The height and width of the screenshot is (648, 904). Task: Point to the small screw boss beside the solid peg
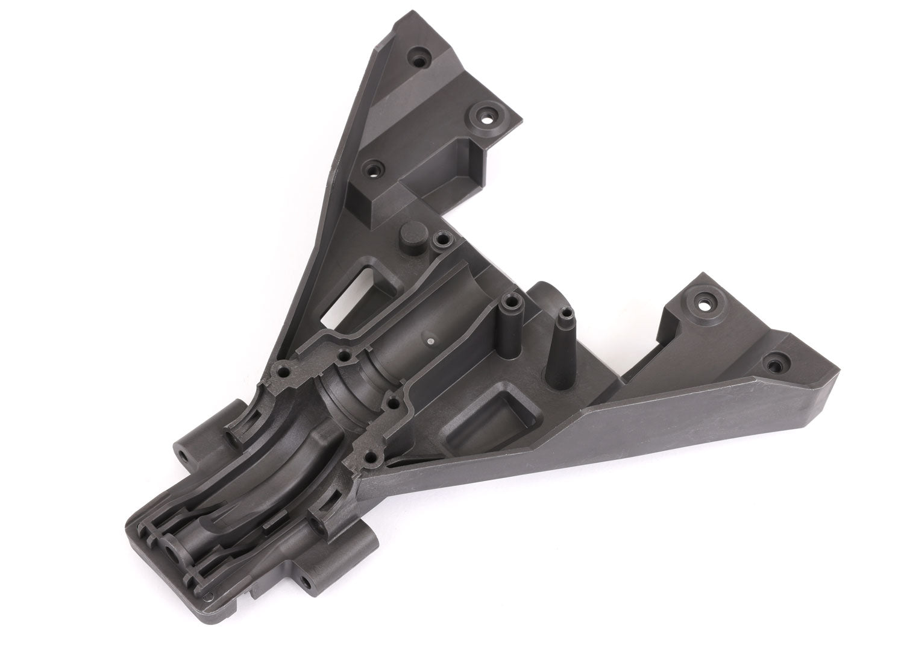point(442,240)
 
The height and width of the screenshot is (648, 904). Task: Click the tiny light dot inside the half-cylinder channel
point(429,341)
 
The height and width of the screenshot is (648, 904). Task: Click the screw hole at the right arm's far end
point(773,363)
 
